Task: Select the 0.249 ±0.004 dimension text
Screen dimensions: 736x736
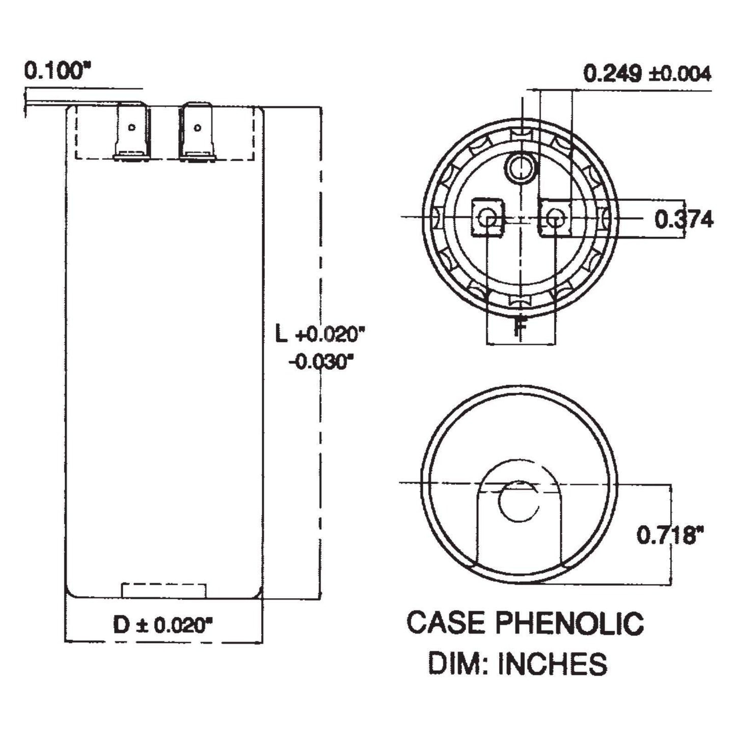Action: point(647,74)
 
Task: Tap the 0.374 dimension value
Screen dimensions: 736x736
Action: point(684,220)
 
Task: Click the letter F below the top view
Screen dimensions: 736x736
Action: point(519,326)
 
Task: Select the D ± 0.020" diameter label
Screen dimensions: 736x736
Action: point(162,624)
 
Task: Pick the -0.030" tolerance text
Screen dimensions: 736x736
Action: point(321,363)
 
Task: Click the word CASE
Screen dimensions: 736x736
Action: point(445,623)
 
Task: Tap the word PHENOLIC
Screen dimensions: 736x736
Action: point(569,623)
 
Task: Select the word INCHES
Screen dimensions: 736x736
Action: point(552,664)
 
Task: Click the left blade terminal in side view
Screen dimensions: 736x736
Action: point(132,131)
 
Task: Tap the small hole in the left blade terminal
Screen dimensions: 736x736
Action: point(132,127)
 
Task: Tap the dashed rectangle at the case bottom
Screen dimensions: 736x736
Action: point(164,590)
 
